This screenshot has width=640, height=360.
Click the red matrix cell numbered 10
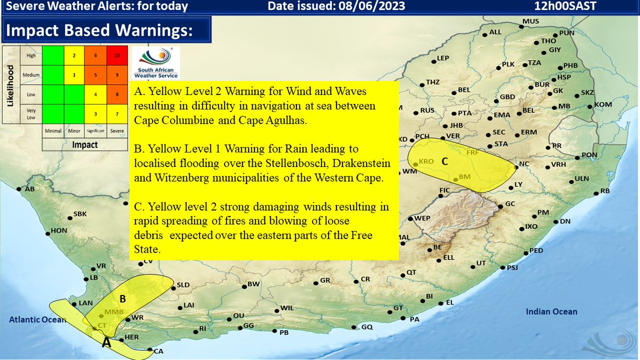click(116, 55)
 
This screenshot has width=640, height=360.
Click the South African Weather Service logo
click(155, 63)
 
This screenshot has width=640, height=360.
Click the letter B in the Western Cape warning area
click(122, 299)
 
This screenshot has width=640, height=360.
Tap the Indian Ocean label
click(551, 312)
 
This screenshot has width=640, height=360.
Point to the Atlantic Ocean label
click(36, 320)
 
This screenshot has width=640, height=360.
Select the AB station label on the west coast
click(29, 189)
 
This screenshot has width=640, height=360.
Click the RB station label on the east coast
click(604, 191)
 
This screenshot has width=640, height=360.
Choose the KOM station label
click(603, 104)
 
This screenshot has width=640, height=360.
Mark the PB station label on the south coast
click(284, 333)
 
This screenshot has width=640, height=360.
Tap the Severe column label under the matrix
click(116, 131)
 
